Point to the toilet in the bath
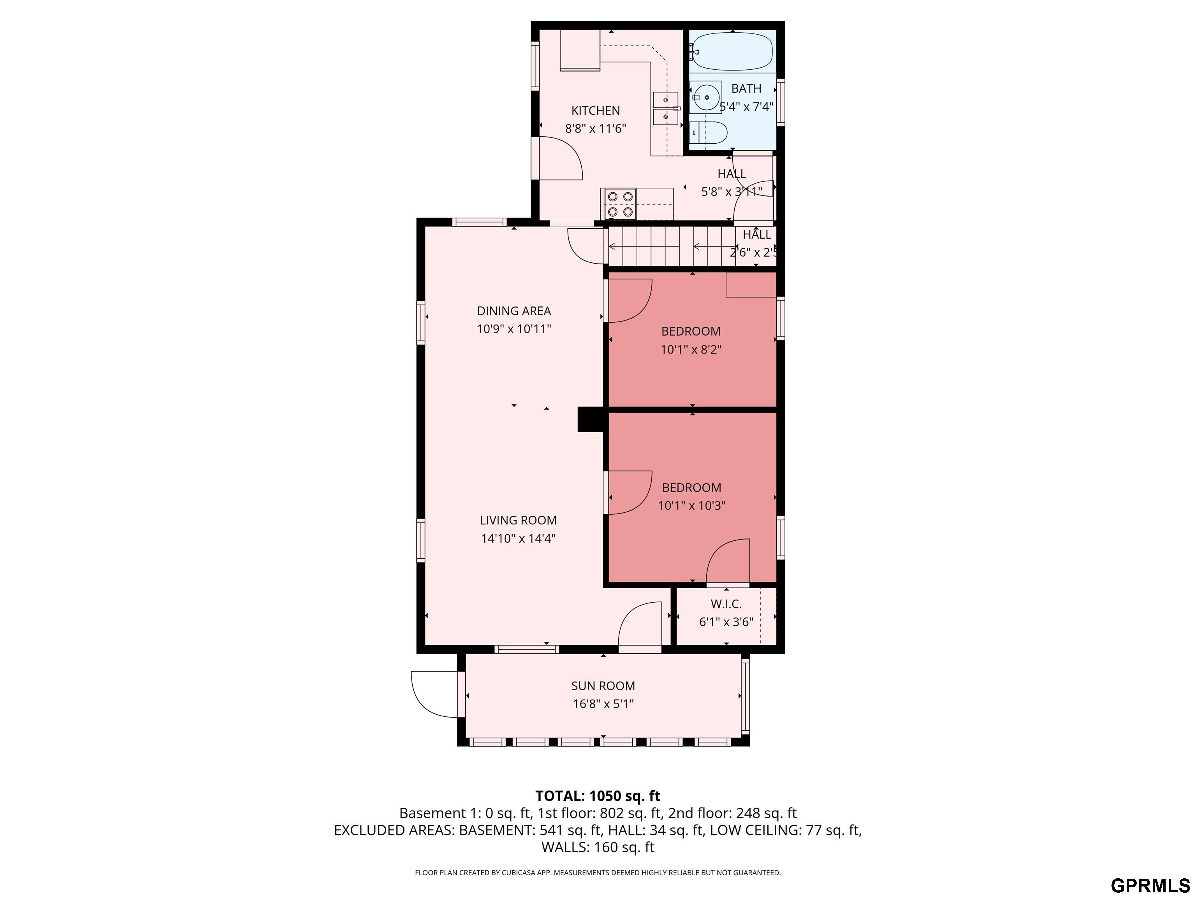coord(709,132)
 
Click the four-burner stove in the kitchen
coord(620,204)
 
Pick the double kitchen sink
coord(666,108)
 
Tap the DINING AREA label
coord(514,311)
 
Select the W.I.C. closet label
coord(726,604)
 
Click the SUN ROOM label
coord(603,686)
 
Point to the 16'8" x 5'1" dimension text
coord(603,704)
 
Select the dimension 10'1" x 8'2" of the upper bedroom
coord(691,349)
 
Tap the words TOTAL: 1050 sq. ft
coord(598,796)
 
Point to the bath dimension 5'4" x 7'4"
coord(746,107)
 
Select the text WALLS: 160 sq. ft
coord(598,847)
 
